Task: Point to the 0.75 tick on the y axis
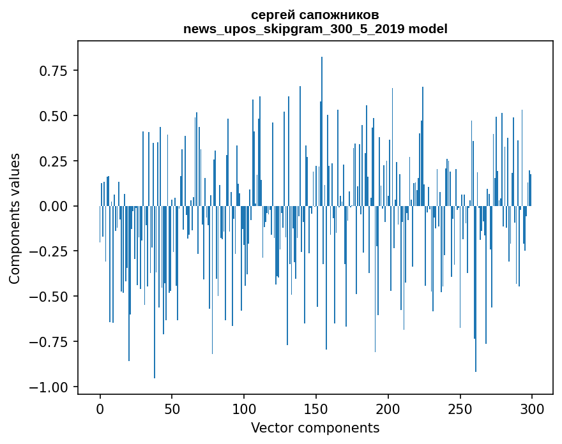pyautogui.click(x=54, y=70)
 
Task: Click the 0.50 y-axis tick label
pyautogui.click(x=54, y=116)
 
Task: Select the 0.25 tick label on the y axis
pyautogui.click(x=54, y=161)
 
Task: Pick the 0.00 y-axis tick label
pyautogui.click(x=54, y=207)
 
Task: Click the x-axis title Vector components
pyautogui.click(x=315, y=428)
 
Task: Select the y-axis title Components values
pyautogui.click(x=15, y=218)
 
